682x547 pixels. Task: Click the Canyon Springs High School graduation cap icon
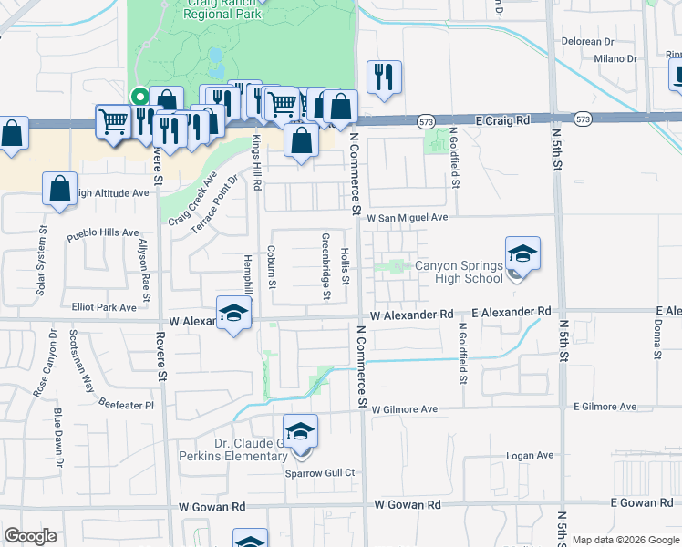[523, 253]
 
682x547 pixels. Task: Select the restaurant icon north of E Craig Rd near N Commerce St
[384, 77]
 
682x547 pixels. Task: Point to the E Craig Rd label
[502, 119]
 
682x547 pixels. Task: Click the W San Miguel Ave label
[408, 218]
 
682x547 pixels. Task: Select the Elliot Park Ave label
[104, 308]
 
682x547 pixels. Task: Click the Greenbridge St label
[325, 266]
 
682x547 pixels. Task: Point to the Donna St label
[657, 338]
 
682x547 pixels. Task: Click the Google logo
[30, 536]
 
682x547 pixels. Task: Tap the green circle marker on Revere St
[139, 94]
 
